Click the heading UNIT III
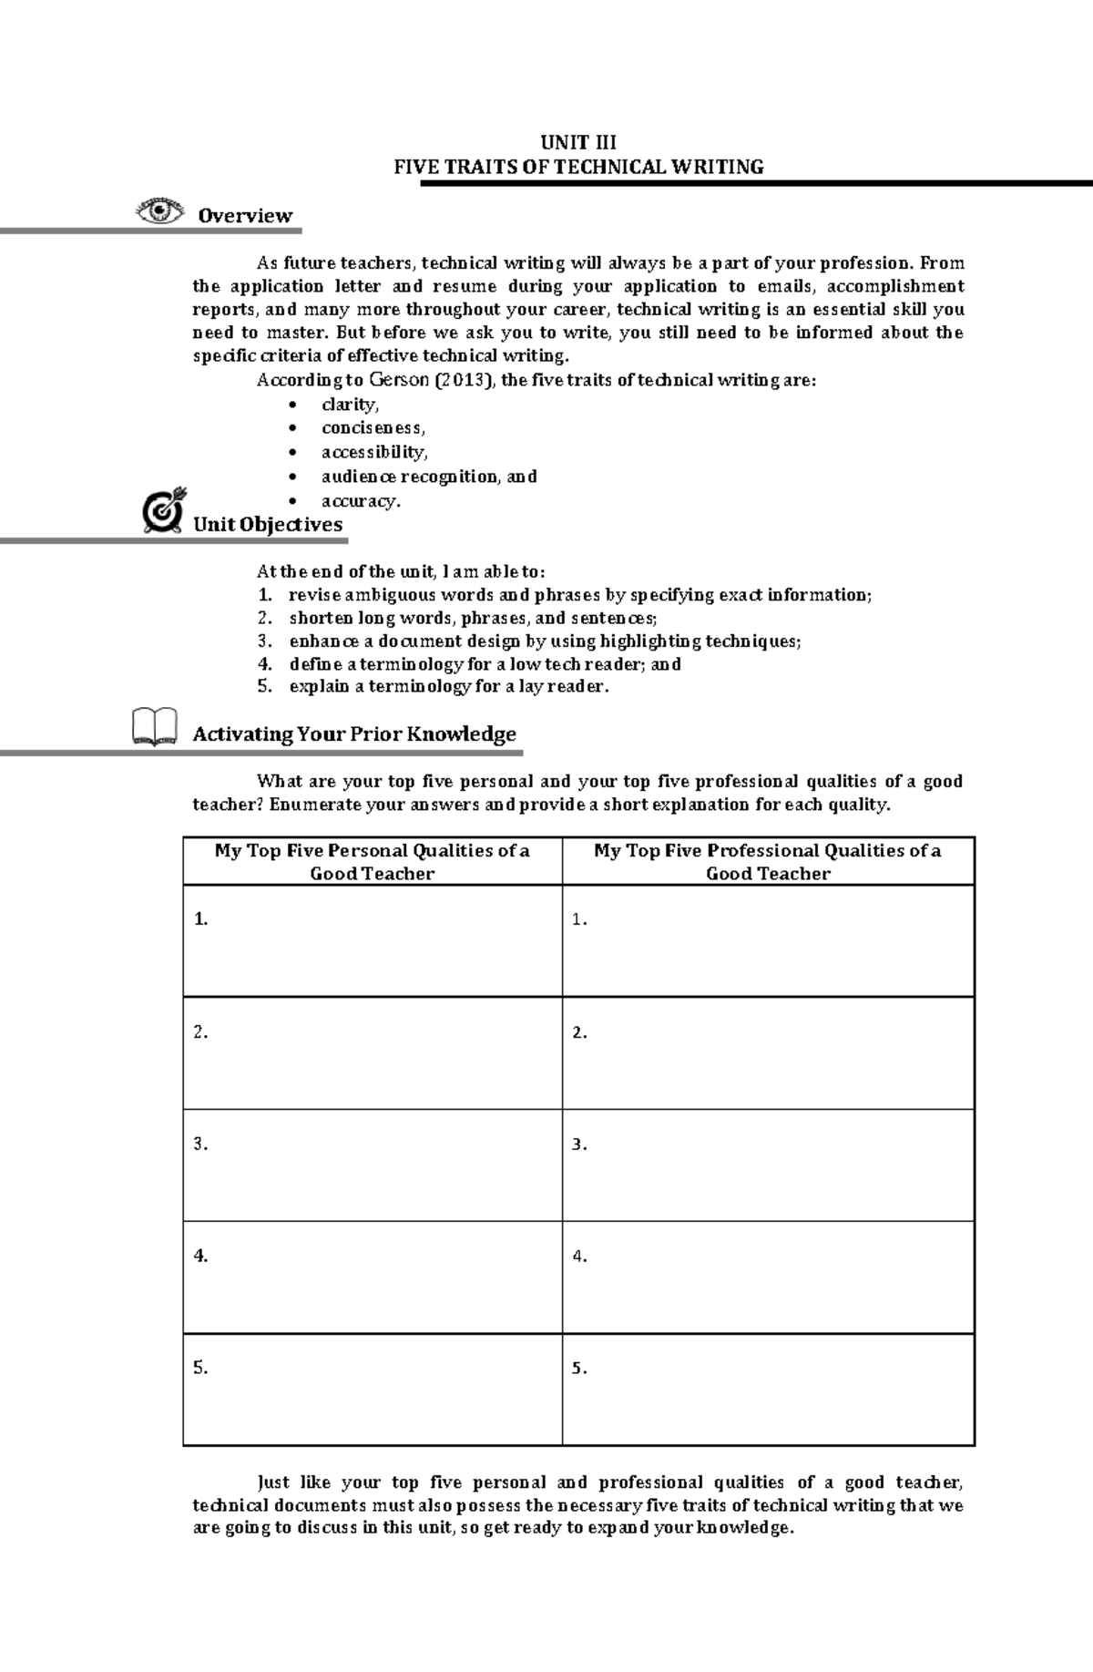point(578,142)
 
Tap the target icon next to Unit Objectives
point(165,510)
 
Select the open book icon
point(155,727)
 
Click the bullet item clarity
point(350,404)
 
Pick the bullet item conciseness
point(373,427)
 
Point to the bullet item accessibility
point(374,452)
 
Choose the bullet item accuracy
point(361,500)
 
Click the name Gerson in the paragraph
point(397,380)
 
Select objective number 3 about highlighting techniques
point(545,641)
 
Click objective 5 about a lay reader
point(448,687)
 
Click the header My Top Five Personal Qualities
point(372,861)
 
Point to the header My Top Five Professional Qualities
point(768,861)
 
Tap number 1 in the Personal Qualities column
point(200,919)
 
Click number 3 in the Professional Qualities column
point(579,1144)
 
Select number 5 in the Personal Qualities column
point(200,1368)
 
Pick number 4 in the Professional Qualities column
point(579,1257)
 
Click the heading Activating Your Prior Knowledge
point(354,734)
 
